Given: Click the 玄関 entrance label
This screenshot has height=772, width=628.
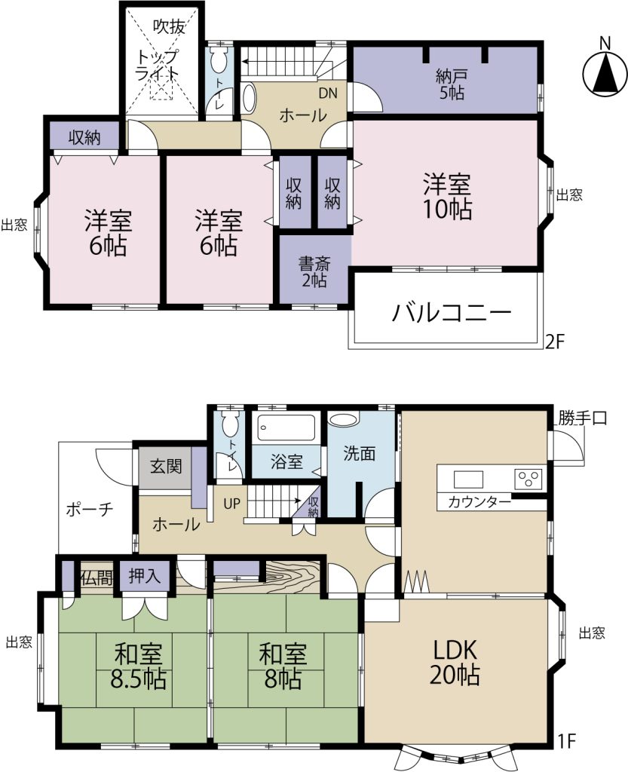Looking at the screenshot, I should click(x=165, y=467).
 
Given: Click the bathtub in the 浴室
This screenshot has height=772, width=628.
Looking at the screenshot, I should click(x=286, y=428).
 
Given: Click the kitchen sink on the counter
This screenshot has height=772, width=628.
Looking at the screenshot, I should click(x=468, y=479).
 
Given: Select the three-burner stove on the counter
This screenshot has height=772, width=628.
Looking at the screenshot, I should click(x=528, y=478).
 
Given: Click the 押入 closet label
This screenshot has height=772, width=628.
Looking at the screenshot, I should click(x=145, y=577).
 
